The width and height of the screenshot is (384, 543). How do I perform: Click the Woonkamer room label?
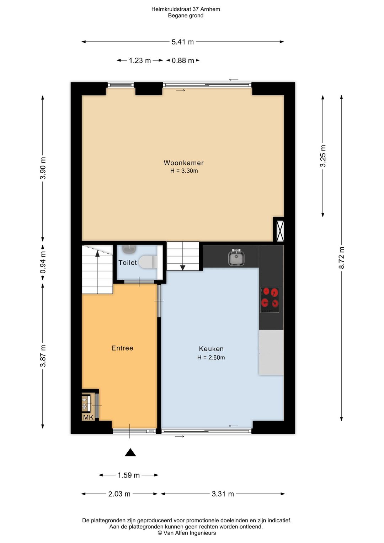point(183,163)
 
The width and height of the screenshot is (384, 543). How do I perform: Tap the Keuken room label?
point(211,349)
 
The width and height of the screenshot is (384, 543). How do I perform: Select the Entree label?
point(122,348)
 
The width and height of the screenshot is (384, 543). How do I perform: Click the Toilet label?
point(127,263)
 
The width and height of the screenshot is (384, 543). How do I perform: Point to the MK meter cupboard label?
point(88,417)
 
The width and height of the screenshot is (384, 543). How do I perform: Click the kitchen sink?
point(236,257)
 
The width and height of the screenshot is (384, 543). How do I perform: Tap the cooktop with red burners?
point(270,300)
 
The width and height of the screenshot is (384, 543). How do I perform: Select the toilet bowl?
point(148,262)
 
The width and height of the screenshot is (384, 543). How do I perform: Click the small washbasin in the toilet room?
point(129,249)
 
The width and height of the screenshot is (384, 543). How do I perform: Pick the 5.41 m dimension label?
point(183,42)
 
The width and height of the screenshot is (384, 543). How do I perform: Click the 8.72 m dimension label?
point(341,258)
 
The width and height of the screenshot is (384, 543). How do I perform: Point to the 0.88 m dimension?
point(183,60)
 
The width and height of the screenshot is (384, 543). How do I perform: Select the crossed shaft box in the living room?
point(279,229)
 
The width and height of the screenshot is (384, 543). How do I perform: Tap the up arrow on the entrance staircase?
point(97,254)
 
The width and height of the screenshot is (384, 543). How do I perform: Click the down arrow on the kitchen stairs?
point(183,268)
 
